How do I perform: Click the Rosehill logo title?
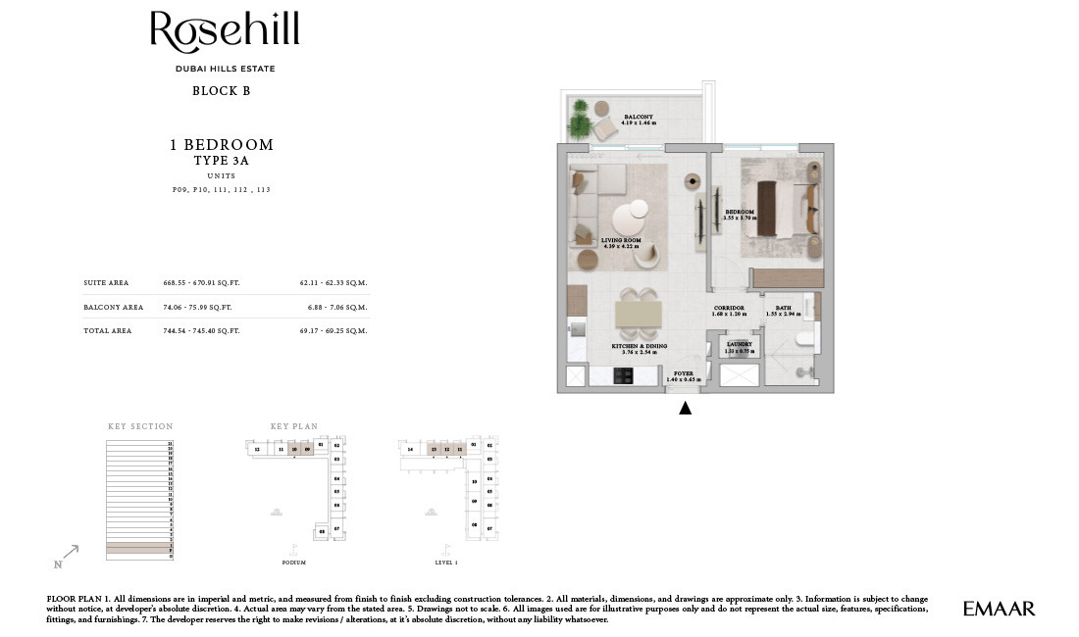225,32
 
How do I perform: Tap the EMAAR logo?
999,609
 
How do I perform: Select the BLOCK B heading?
221,91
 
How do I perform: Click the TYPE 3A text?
221,160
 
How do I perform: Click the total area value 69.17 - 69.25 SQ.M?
334,331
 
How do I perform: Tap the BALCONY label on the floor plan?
639,118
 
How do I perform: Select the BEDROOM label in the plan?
740,213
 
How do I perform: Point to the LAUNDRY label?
740,345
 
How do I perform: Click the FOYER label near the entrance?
683,373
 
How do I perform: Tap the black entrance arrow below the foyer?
685,409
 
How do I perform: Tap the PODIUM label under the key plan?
293,563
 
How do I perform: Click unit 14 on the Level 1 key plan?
410,450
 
